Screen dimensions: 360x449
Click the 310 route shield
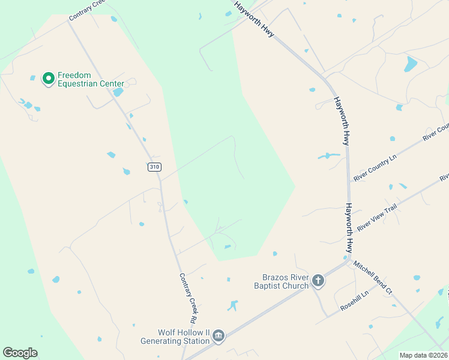[x=154, y=167]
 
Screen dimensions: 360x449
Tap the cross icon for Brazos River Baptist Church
[x=318, y=280]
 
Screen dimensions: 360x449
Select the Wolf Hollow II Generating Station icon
[x=218, y=336]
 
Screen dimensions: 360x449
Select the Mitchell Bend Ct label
[x=372, y=277]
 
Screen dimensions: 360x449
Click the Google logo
[x=20, y=353]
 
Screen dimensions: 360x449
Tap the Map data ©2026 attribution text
[x=423, y=355]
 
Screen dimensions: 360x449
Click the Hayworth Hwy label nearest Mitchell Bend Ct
[x=350, y=229]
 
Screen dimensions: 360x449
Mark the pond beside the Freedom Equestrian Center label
[x=118, y=92]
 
